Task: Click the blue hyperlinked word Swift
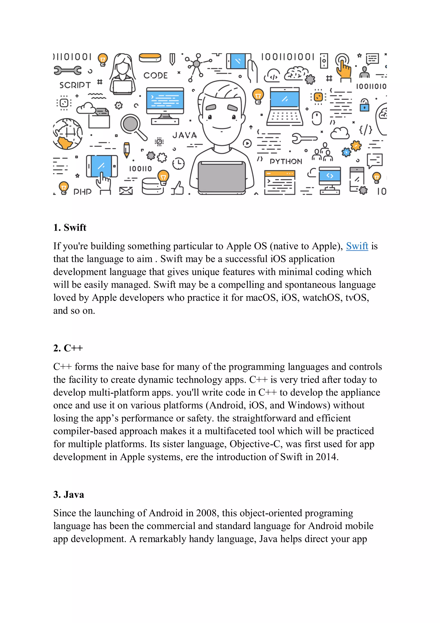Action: [357, 246]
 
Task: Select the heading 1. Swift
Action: [70, 227]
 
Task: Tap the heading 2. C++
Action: [68, 348]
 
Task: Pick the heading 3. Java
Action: [69, 494]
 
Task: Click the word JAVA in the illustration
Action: [184, 135]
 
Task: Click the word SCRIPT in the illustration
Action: [75, 85]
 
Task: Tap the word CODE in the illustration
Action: [155, 75]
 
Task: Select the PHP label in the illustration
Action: [82, 192]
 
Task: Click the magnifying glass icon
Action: [133, 126]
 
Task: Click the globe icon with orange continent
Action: [67, 134]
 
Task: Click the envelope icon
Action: [126, 191]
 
